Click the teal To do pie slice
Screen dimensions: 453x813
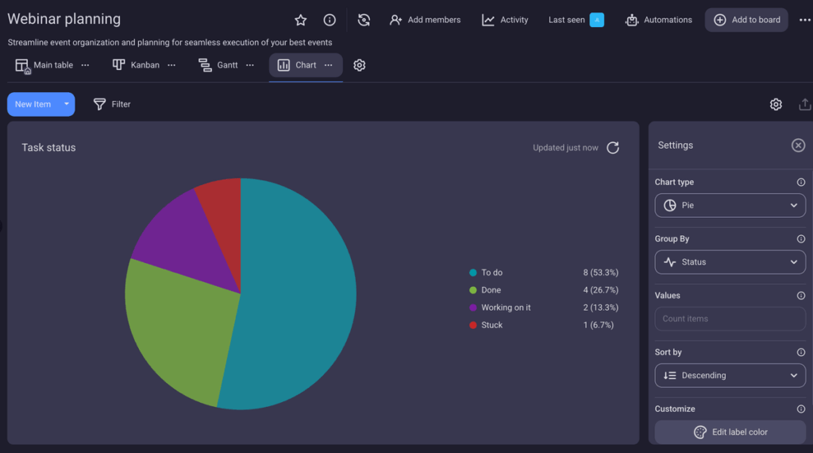(x=298, y=294)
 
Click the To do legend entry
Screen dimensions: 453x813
(x=491, y=273)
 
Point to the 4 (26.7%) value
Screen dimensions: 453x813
(x=600, y=290)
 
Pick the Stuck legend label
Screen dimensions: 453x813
(x=491, y=325)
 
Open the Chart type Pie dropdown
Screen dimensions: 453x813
(x=730, y=205)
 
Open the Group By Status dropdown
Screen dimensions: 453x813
(x=730, y=261)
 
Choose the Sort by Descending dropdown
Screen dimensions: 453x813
(x=730, y=375)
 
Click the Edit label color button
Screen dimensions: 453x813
(x=730, y=432)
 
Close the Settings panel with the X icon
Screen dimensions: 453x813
(x=798, y=145)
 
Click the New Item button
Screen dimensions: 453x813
(x=33, y=104)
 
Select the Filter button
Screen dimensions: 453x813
(x=112, y=104)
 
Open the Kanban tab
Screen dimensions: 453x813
(x=137, y=65)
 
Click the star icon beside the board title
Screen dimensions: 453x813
(x=300, y=20)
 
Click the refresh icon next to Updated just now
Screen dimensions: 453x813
(x=613, y=148)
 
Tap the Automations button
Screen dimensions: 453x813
(x=658, y=20)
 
